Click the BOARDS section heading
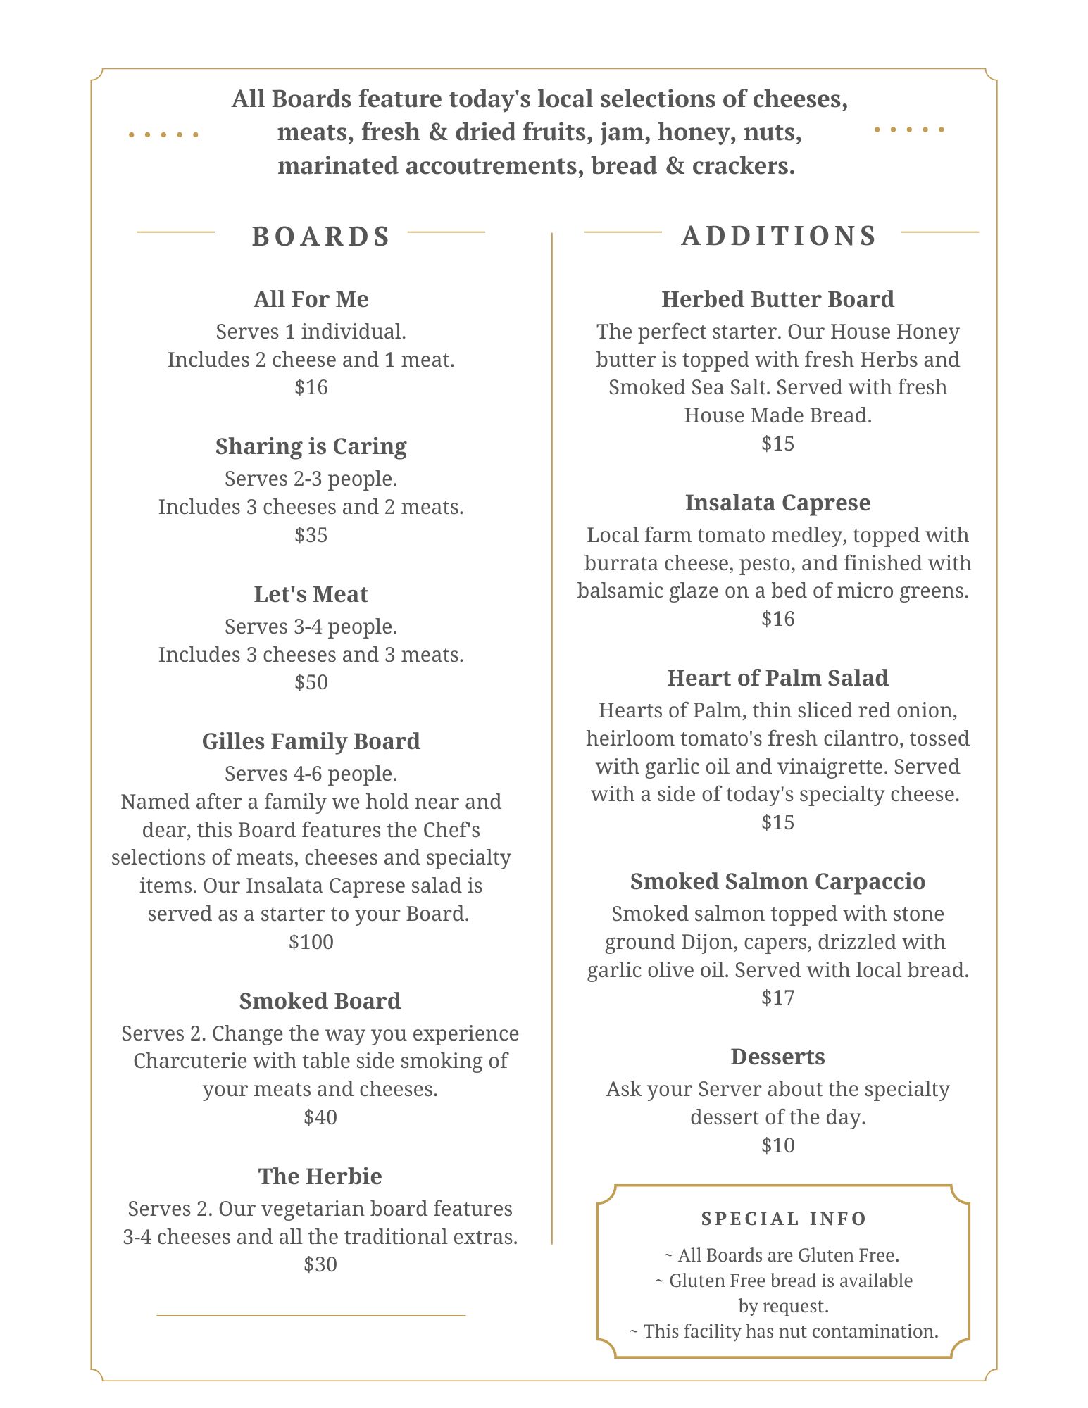[x=320, y=237]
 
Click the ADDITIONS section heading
[x=779, y=236]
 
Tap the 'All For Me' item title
[x=311, y=299]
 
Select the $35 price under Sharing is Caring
[x=311, y=535]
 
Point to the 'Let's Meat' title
[x=311, y=594]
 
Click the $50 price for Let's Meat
[x=311, y=682]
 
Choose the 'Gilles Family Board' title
[x=311, y=741]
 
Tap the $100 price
[x=311, y=942]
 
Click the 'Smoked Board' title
[x=320, y=1001]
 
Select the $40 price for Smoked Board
[x=320, y=1117]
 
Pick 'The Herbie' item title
[x=320, y=1176]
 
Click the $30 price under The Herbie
[x=320, y=1264]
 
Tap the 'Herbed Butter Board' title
[x=777, y=299]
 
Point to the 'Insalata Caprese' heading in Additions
[x=777, y=503]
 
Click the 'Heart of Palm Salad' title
[x=777, y=678]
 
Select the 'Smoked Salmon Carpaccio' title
[x=777, y=881]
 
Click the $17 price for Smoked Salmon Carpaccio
[x=777, y=998]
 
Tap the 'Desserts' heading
[x=777, y=1057]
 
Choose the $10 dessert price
[x=777, y=1145]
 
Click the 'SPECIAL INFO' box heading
[x=784, y=1219]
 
